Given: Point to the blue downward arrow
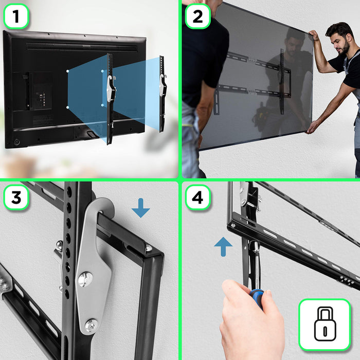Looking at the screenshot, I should (140, 207).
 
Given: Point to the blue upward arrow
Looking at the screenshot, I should (223, 246).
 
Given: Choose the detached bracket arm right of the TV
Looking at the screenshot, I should (163, 93).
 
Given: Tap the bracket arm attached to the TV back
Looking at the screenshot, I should (110, 98).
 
